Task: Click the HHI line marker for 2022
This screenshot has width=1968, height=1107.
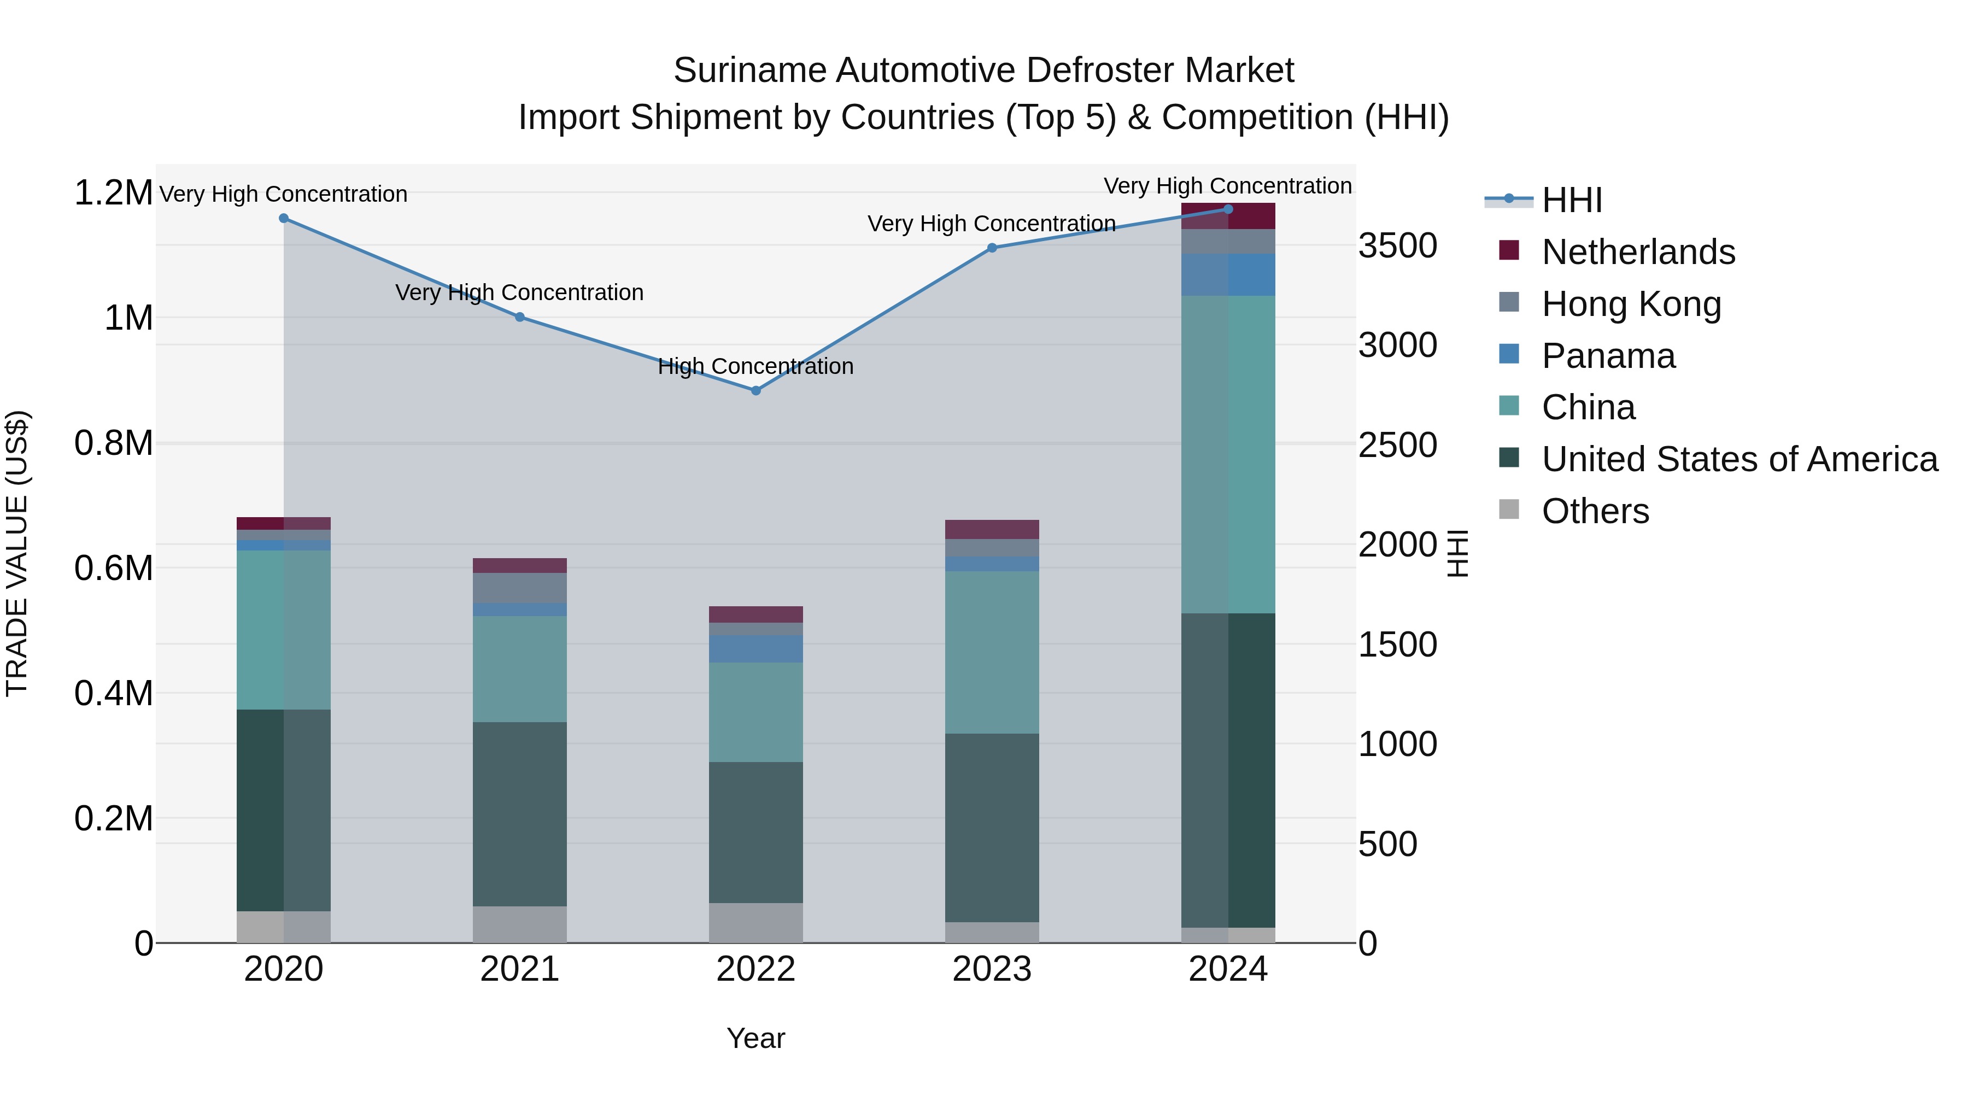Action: (755, 390)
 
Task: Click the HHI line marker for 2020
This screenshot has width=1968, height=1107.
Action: (283, 218)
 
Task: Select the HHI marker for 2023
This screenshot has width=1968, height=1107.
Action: (992, 248)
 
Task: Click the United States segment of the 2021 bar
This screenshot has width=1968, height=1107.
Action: (519, 813)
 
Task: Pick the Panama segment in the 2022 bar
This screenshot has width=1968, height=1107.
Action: (755, 648)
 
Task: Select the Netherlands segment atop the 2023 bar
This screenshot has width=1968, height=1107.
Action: (992, 529)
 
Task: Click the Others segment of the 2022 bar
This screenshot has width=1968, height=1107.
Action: (755, 922)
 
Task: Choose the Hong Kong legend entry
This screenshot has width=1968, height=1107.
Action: (1631, 304)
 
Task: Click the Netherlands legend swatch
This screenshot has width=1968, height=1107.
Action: (1509, 250)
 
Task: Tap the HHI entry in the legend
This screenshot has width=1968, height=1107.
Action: (1572, 200)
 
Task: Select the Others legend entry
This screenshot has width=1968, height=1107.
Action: (1595, 511)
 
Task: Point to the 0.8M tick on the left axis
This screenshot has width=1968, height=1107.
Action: (113, 444)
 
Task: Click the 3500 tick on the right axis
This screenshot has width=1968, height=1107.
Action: (1397, 246)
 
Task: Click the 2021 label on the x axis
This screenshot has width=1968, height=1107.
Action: (519, 969)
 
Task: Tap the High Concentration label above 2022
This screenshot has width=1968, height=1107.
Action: (755, 367)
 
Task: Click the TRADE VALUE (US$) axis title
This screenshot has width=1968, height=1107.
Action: (17, 553)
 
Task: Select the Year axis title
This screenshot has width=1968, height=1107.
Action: (755, 1038)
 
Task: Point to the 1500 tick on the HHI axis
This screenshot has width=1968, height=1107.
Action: (1397, 645)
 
